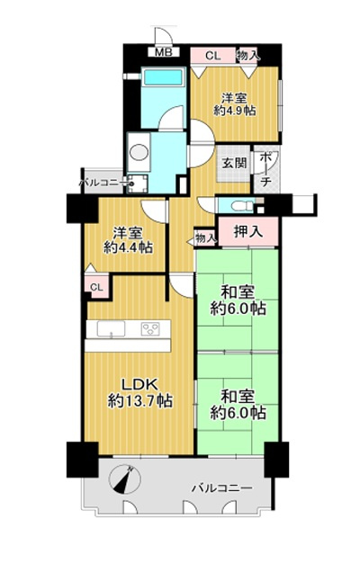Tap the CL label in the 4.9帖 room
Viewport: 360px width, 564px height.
pos(211,56)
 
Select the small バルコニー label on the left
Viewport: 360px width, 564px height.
pos(104,183)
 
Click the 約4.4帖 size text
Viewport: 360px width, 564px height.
pos(126,247)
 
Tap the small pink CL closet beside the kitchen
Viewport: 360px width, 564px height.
pos(95,287)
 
